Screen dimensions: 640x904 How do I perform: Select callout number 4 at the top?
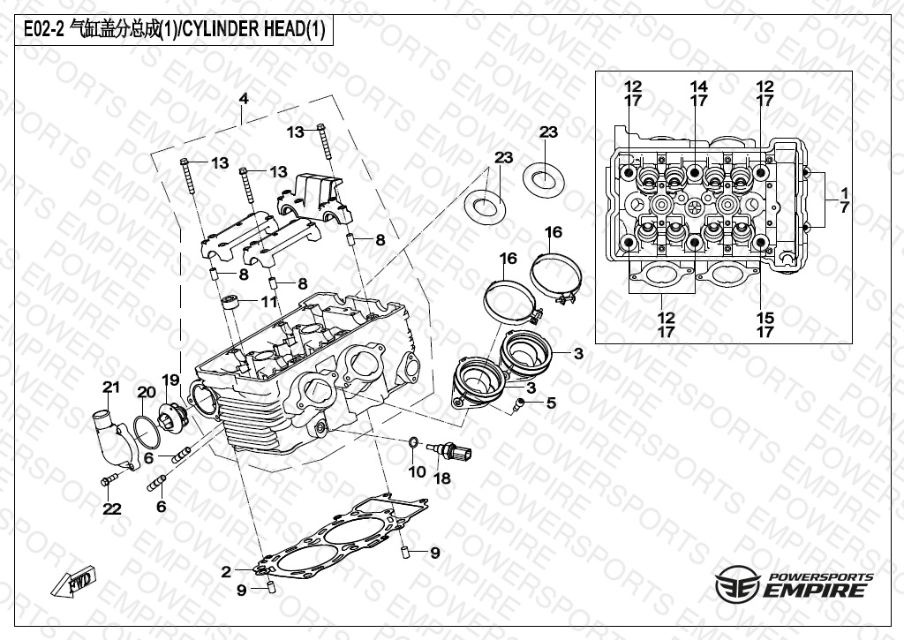[244, 99]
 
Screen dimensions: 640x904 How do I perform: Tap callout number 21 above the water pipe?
[110, 387]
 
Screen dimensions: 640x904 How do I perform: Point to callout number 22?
[111, 508]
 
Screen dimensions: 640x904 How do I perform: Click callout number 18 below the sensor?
[441, 478]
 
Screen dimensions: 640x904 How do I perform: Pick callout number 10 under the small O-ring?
[417, 472]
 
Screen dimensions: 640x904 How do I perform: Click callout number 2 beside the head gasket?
[226, 571]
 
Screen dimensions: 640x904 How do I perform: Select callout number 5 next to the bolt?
[551, 403]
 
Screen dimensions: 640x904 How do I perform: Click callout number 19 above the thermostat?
[169, 380]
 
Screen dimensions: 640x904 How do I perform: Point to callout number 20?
[146, 392]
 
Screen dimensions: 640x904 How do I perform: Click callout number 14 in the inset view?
[698, 87]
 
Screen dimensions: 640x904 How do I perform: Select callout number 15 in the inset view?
[765, 318]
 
